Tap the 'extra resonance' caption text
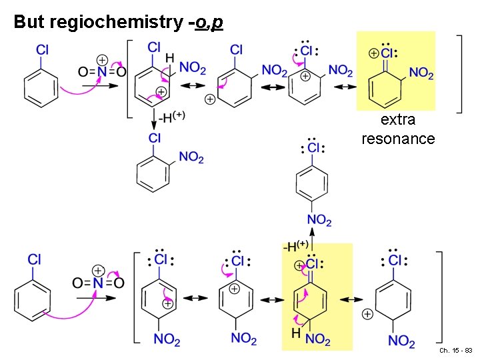[x=398, y=129]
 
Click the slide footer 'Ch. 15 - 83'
[x=456, y=351]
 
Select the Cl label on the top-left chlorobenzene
[x=42, y=49]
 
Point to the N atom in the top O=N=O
[x=102, y=71]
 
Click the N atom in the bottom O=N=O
[x=97, y=283]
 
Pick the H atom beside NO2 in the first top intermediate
[x=170, y=59]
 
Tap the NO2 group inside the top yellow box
[x=421, y=73]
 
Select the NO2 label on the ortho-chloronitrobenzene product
[x=191, y=157]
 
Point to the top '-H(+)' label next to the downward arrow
[x=172, y=116]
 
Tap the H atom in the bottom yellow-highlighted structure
[x=295, y=332]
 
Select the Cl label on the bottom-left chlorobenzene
[x=35, y=259]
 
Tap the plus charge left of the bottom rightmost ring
[x=367, y=313]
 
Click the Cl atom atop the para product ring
[x=313, y=148]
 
